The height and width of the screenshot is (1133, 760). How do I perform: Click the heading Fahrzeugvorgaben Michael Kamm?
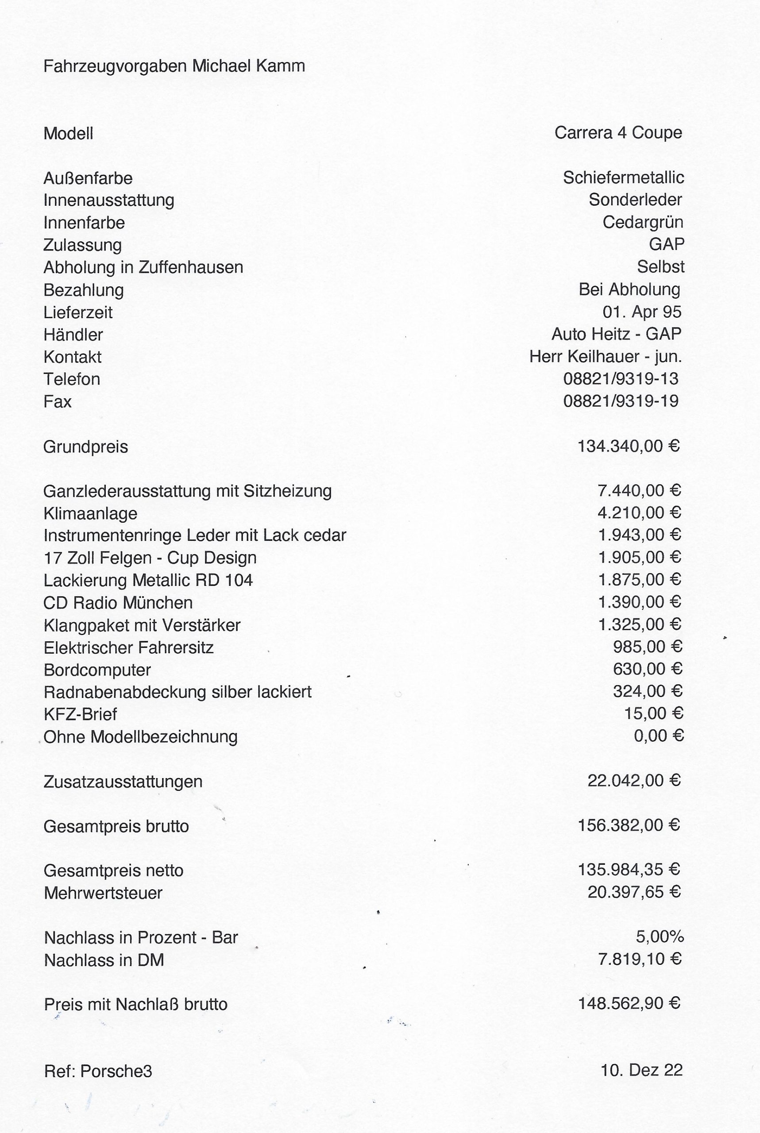coord(174,66)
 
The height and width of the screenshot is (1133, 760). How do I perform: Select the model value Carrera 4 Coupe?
coord(618,133)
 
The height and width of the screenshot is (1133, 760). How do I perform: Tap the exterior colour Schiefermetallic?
coord(623,178)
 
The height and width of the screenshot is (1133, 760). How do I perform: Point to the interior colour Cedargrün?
coord(643,223)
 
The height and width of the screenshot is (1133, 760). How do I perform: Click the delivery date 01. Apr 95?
coord(642,312)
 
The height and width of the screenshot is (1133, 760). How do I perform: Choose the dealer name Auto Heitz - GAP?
coord(616,334)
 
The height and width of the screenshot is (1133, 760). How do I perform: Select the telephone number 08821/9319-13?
coord(621,378)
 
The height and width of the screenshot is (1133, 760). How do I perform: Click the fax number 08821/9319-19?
coord(621,401)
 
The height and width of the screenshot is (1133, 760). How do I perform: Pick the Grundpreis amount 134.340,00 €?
coord(629,446)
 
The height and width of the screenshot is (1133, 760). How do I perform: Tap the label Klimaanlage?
coord(90,513)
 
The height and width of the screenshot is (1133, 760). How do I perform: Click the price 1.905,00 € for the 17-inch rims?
coord(640,557)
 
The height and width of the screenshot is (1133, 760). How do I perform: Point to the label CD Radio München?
coord(118,603)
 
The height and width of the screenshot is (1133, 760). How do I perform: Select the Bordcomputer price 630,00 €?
coord(648,669)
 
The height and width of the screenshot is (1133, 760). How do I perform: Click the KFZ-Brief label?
coord(80,714)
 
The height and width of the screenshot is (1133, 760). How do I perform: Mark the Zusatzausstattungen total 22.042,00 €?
coord(634,781)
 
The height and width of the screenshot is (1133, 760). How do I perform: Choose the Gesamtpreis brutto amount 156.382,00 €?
coord(629,825)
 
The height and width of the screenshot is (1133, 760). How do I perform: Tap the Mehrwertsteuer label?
coord(103,893)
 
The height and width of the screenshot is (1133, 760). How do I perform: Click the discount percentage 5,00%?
coord(660,937)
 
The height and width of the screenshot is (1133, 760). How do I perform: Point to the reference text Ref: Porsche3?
coord(98,1071)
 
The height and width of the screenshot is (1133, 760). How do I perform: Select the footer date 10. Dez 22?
coord(641,1070)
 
